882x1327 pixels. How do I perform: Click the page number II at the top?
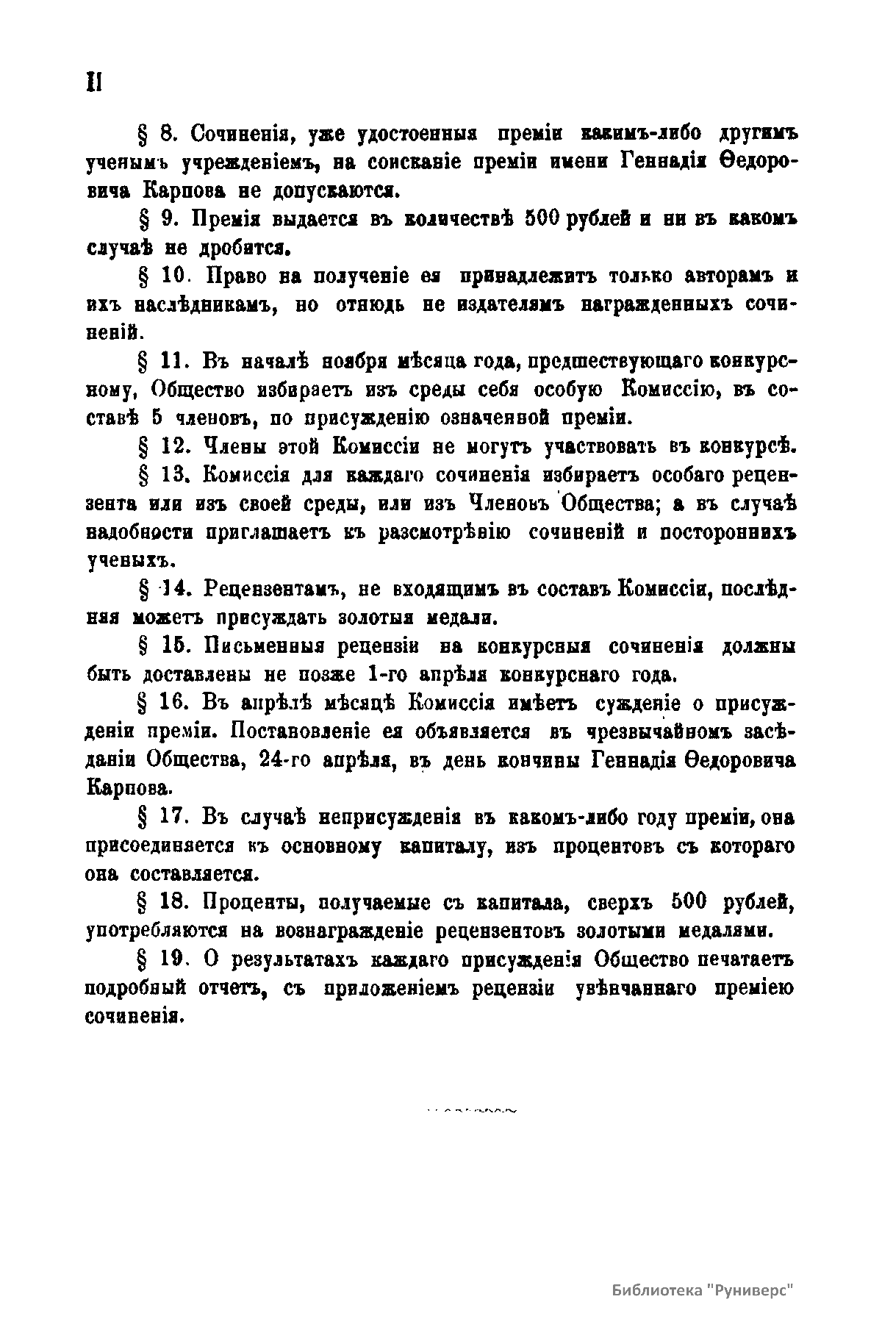pos(93,82)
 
